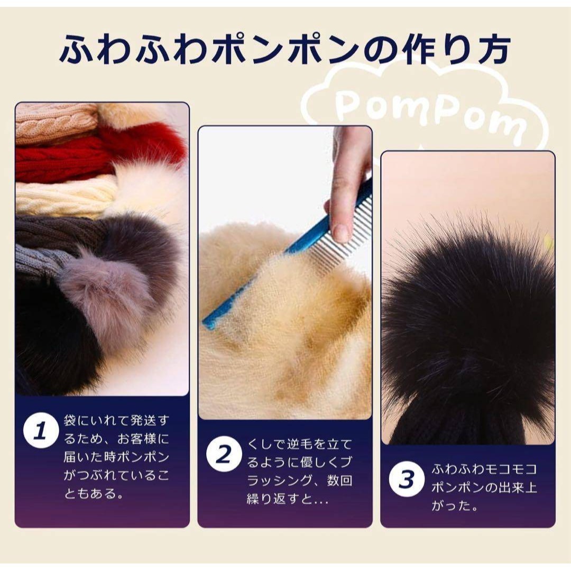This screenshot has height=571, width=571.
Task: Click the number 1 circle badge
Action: [x=41, y=430]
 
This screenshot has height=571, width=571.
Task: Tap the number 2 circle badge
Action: [x=224, y=454]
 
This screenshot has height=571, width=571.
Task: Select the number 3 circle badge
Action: [x=407, y=479]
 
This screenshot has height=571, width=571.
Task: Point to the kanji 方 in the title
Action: [x=492, y=49]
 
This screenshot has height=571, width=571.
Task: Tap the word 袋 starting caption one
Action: [x=70, y=420]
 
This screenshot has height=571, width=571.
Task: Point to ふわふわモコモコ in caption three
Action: [x=484, y=469]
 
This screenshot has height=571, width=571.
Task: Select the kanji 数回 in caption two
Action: [x=339, y=481]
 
